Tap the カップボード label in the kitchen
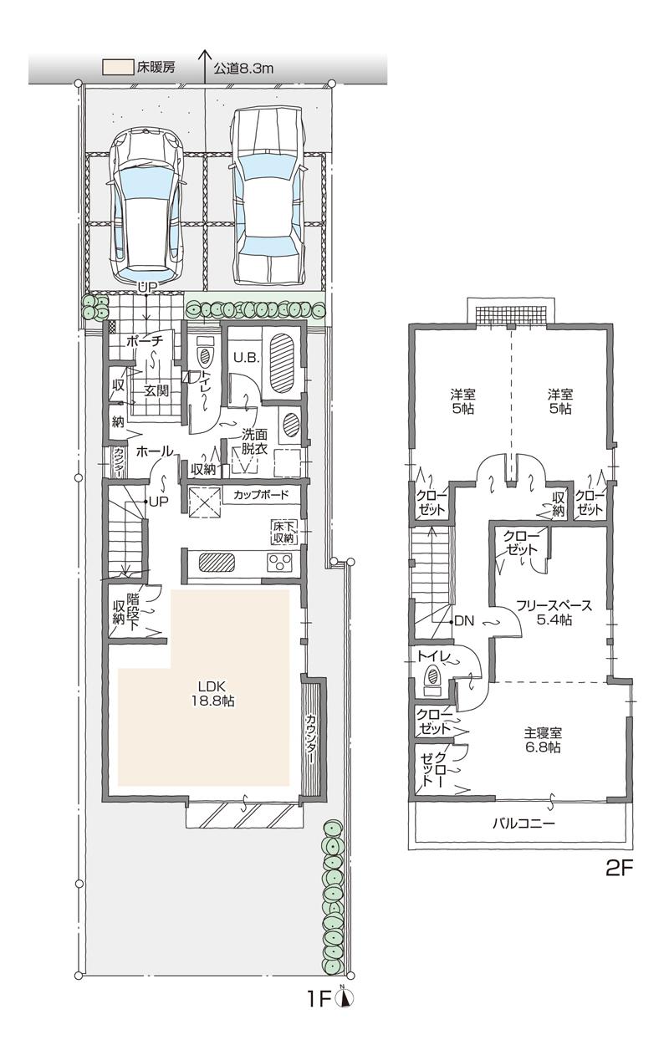click(261, 495)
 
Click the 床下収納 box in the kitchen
click(283, 532)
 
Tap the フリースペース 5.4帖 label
click(543, 611)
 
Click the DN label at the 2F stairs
click(464, 621)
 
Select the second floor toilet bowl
click(433, 676)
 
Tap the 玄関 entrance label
click(157, 390)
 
